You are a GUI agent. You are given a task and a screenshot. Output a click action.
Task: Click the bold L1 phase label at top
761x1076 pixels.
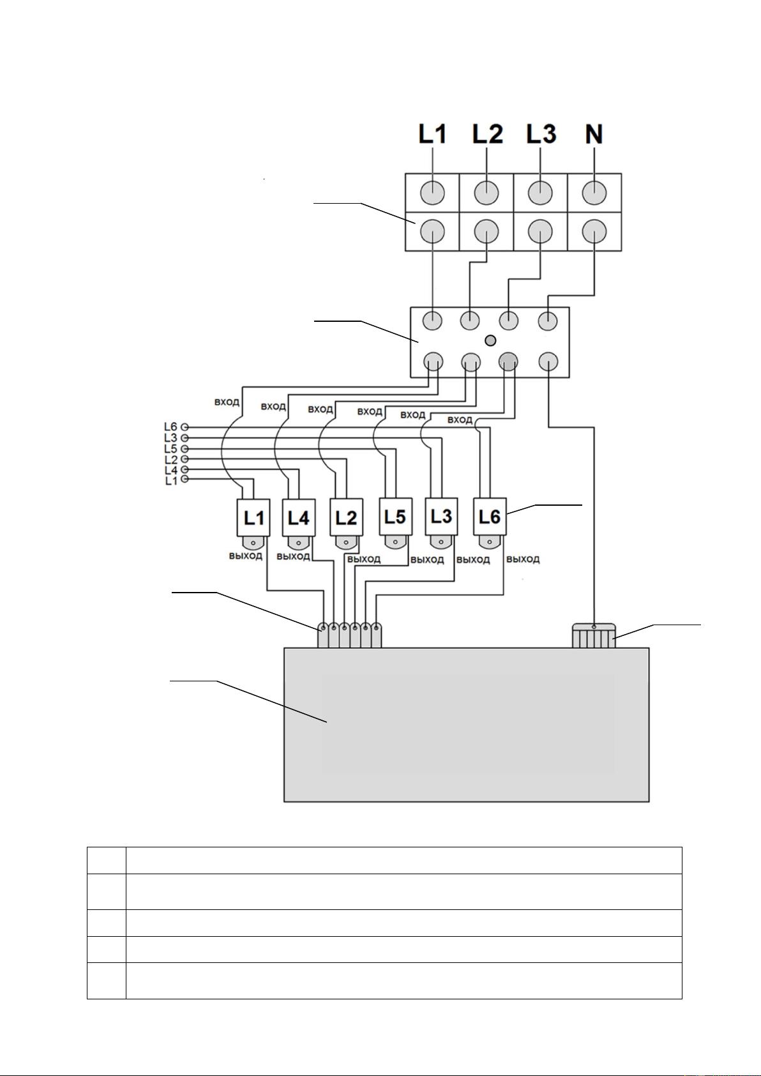pos(433,133)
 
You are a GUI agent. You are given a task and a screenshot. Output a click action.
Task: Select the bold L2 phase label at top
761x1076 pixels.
pos(487,133)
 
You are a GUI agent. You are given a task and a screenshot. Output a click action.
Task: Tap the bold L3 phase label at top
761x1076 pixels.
pos(541,133)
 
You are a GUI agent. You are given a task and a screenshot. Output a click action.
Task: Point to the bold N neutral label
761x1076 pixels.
pos(594,134)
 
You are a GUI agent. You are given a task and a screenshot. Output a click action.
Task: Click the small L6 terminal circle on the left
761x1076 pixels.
pos(185,427)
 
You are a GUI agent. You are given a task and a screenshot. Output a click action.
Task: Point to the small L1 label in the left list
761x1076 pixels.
pos(171,480)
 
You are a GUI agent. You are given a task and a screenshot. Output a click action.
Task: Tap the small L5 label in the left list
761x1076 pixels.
pos(171,449)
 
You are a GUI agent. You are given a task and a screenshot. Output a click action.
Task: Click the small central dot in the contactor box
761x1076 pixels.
pos(490,341)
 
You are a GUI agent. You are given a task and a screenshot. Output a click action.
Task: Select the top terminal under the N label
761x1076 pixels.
pos(594,193)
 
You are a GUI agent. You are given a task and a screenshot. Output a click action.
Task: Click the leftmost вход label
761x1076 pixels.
pos(227,402)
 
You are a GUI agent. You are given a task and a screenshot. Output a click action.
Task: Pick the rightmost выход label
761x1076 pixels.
pos(523,559)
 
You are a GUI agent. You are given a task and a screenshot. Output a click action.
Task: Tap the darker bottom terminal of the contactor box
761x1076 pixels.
pos(508,360)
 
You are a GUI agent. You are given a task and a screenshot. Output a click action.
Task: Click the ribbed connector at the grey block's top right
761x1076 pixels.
pos(594,635)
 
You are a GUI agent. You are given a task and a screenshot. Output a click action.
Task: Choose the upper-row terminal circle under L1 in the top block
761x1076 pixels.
pos(433,193)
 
